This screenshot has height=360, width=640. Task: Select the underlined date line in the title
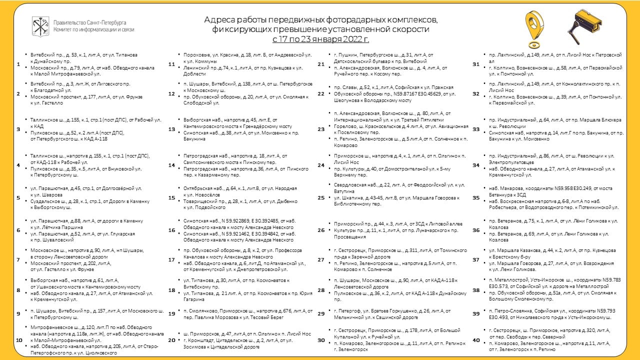(320, 38)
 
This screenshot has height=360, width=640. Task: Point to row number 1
(18, 64)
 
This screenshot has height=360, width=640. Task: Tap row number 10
(19, 340)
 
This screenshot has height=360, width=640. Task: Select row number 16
(171, 230)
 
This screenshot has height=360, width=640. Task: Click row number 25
(321, 197)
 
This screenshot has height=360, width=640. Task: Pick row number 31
(475, 64)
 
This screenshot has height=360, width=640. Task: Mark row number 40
(475, 340)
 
